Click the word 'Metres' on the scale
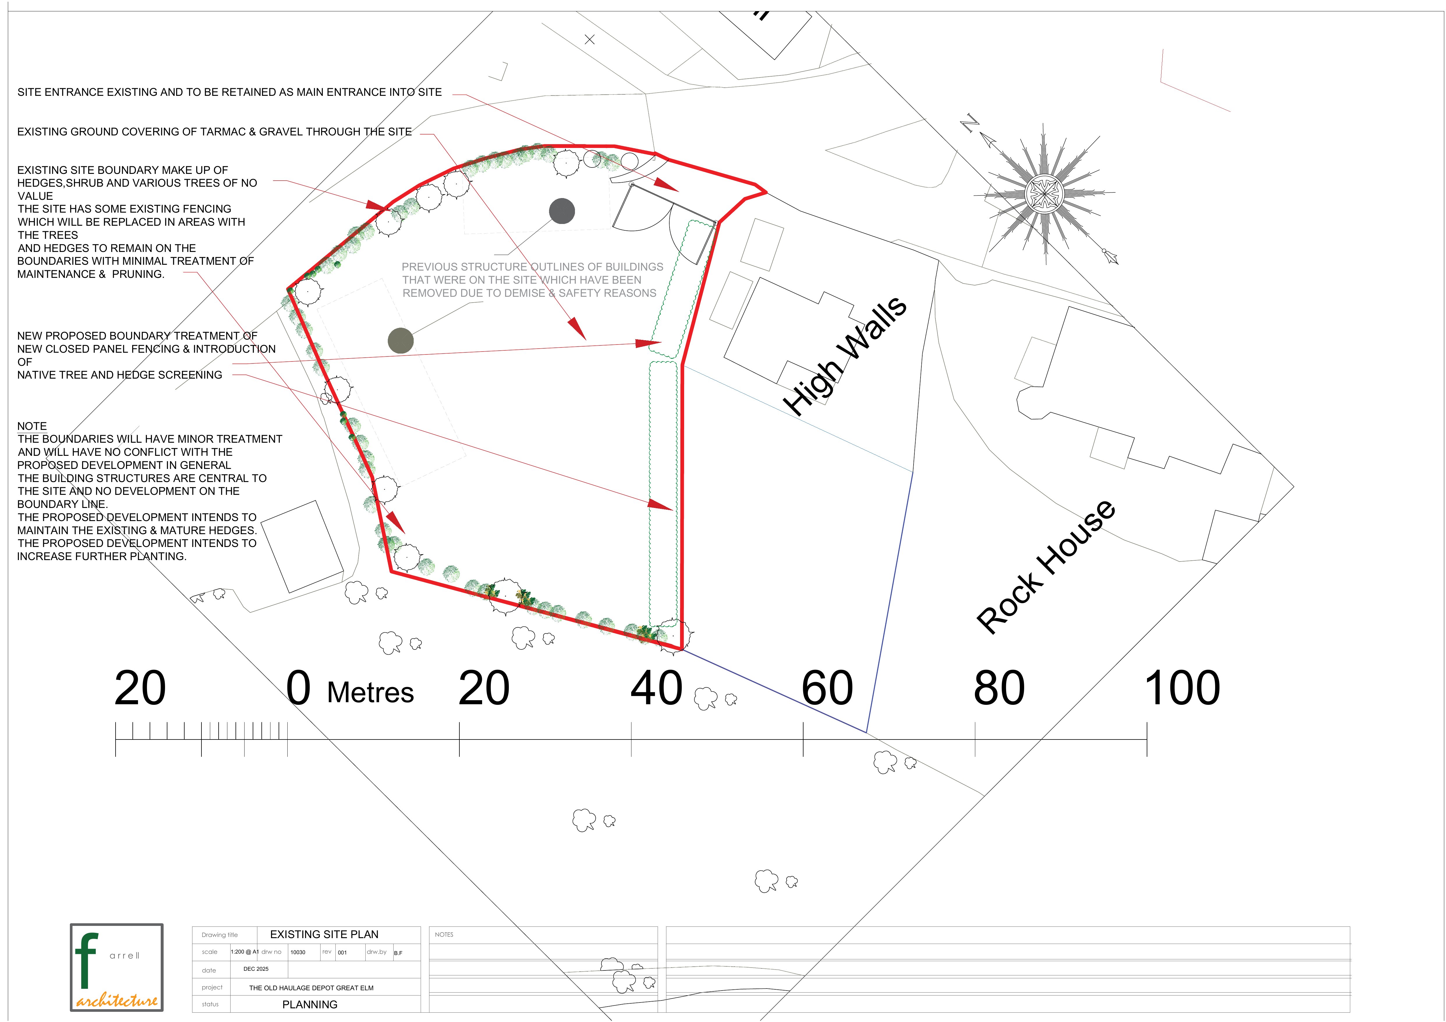click(x=370, y=693)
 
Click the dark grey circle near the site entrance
click(x=562, y=211)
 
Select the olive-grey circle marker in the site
click(x=401, y=341)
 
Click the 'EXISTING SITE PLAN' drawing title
click(x=324, y=934)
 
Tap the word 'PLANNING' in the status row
click(x=310, y=1004)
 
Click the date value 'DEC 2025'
click(x=256, y=969)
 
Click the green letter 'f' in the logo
click(x=86, y=961)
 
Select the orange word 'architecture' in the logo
click(x=117, y=1000)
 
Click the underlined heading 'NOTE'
click(x=32, y=427)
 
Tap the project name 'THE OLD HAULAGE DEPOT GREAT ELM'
click(x=311, y=988)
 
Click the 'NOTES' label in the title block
click(x=444, y=934)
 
